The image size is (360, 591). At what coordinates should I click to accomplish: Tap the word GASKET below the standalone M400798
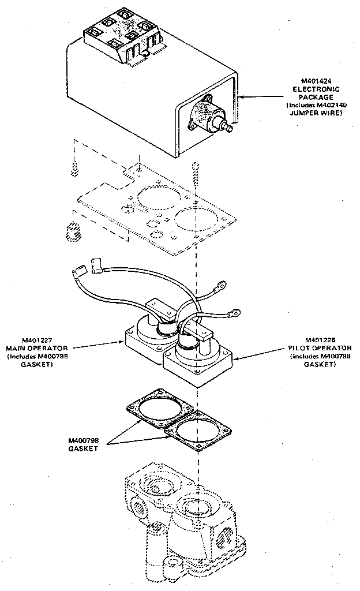pyautogui.click(x=81, y=448)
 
